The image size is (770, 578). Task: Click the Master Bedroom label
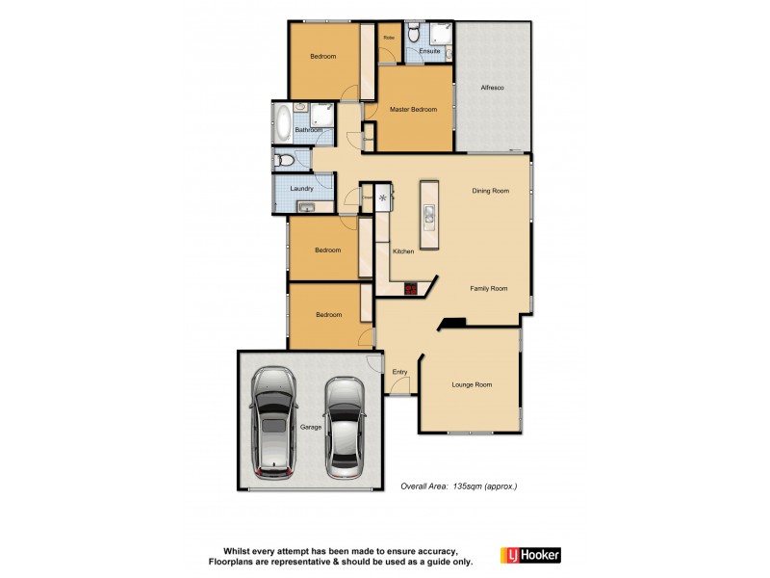(413, 110)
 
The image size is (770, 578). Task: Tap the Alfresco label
(493, 89)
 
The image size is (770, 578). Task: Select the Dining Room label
(489, 191)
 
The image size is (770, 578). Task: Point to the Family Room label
(488, 289)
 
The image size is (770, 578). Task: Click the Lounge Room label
(472, 385)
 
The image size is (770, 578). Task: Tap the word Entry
(399, 372)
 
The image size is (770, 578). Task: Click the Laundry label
(301, 189)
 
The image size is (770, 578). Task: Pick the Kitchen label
(403, 251)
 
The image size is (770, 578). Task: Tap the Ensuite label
(430, 51)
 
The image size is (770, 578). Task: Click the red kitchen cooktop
(411, 287)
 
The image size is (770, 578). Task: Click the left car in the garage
(275, 425)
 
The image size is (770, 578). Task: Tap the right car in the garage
(344, 426)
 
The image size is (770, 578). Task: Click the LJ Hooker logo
(530, 555)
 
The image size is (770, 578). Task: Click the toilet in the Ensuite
(413, 35)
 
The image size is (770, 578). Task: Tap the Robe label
(389, 38)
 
